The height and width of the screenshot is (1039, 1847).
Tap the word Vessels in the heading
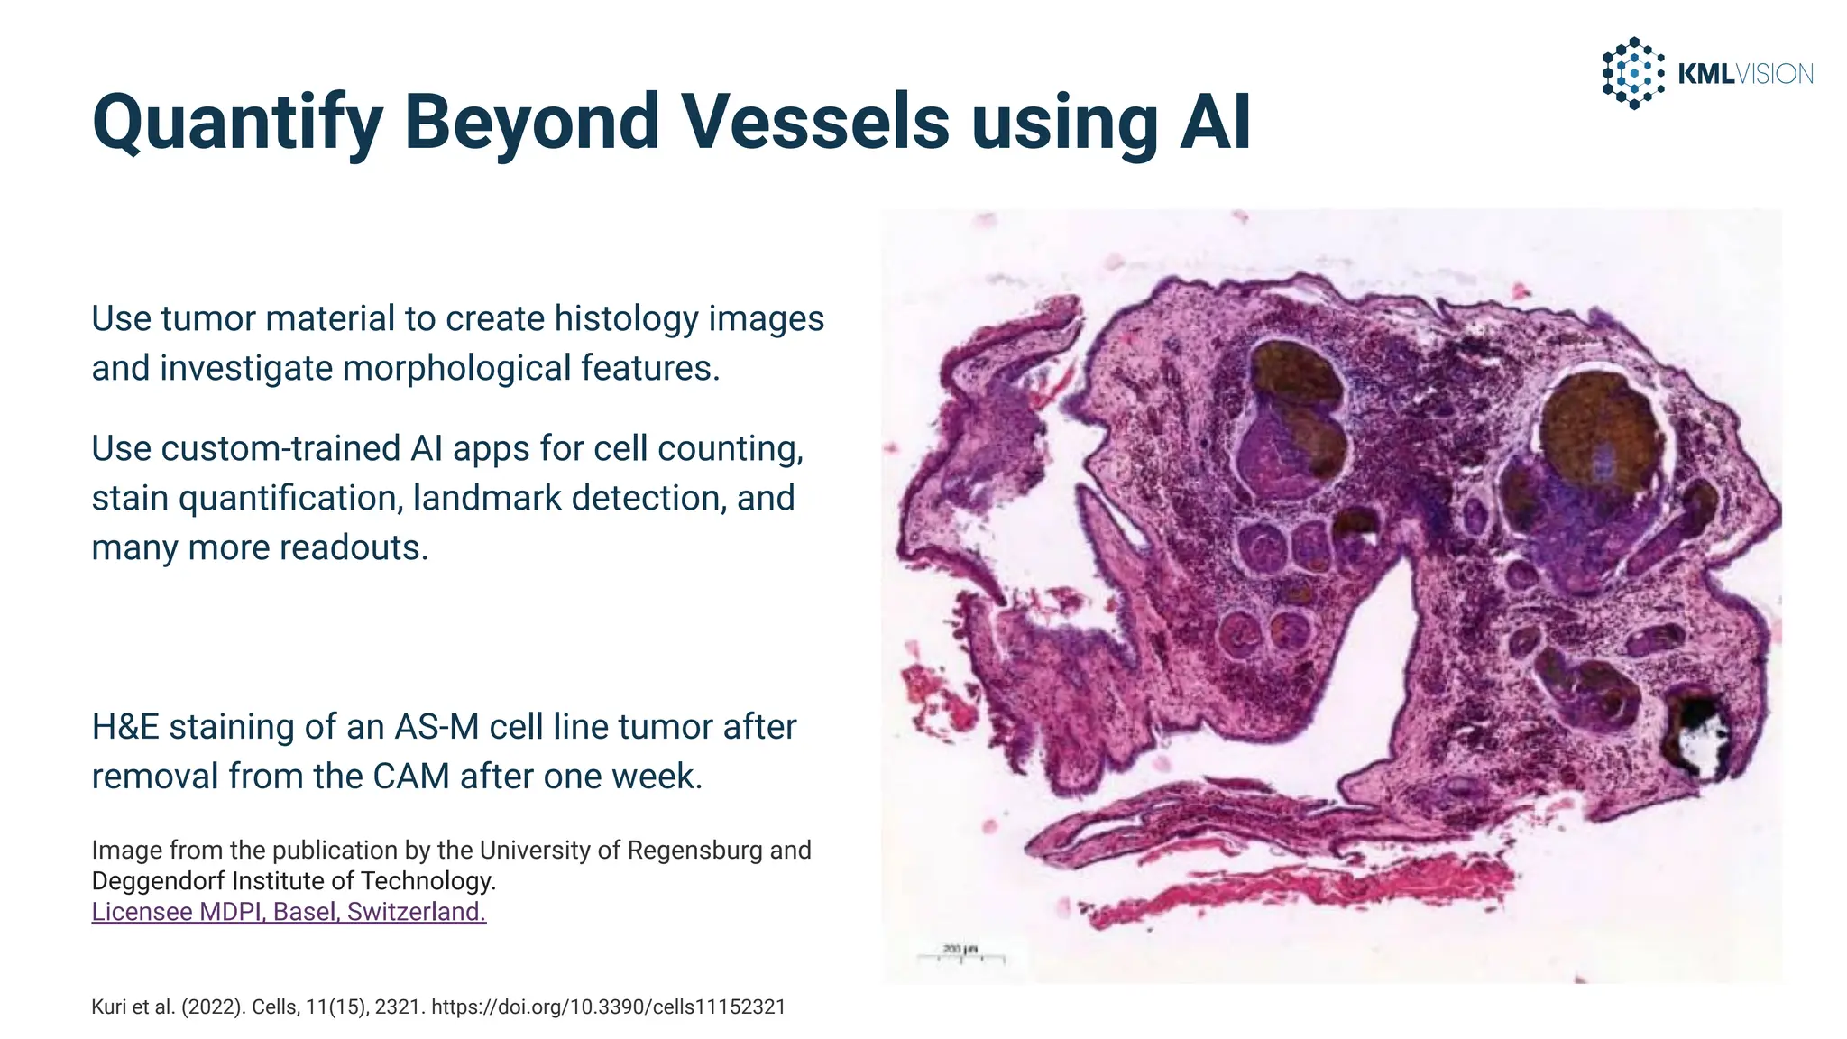pyautogui.click(x=815, y=122)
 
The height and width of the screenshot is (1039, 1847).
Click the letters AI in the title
pyautogui.click(x=1215, y=122)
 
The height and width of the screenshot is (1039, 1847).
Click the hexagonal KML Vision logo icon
pyautogui.click(x=1632, y=73)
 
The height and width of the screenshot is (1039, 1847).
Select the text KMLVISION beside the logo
pyautogui.click(x=1744, y=74)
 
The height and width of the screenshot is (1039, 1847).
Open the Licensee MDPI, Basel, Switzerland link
pyautogui.click(x=289, y=912)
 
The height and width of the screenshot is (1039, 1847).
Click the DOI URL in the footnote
pyautogui.click(x=608, y=1007)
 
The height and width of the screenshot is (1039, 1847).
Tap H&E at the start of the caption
pyautogui.click(x=125, y=727)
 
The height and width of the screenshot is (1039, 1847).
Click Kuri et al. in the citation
pyautogui.click(x=133, y=1007)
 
